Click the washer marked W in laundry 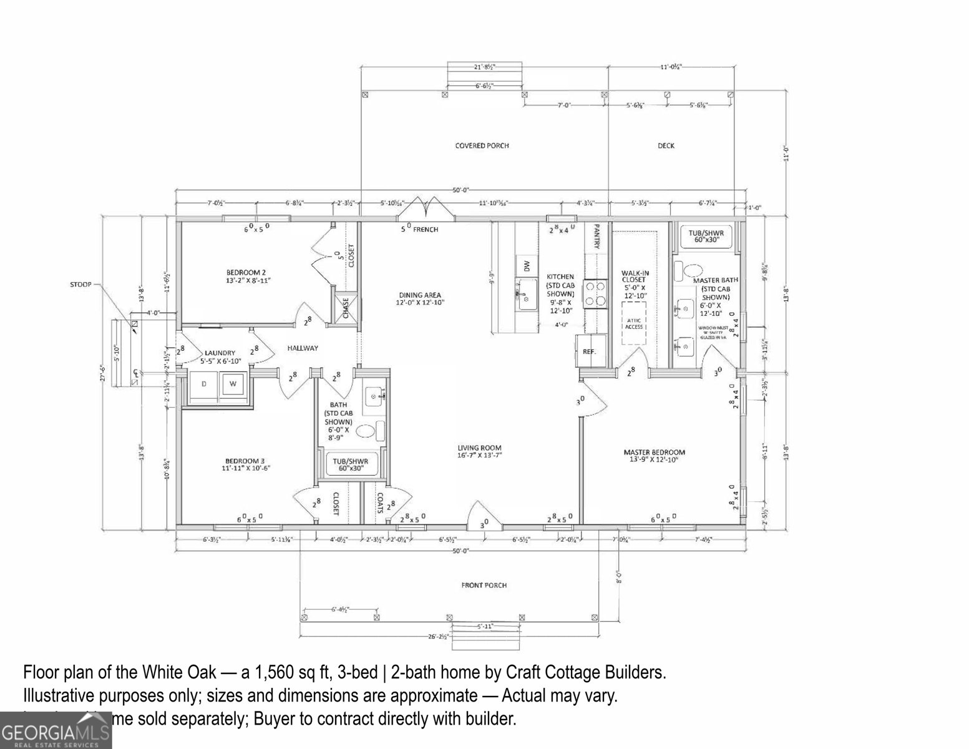pyautogui.click(x=233, y=384)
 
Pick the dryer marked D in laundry pyautogui.click(x=203, y=384)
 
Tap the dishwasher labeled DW pyautogui.click(x=527, y=266)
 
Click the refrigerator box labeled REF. pyautogui.click(x=589, y=351)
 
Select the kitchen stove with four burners pyautogui.click(x=595, y=293)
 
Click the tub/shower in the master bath pyautogui.click(x=704, y=235)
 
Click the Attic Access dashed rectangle pyautogui.click(x=635, y=323)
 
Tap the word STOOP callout pyautogui.click(x=80, y=285)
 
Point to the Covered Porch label pyautogui.click(x=482, y=146)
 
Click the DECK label pyautogui.click(x=666, y=146)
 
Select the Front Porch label pyautogui.click(x=484, y=585)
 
